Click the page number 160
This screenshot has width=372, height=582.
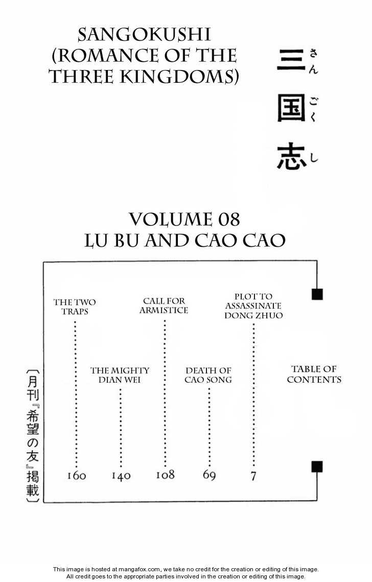coord(77,476)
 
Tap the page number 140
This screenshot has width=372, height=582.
coord(121,476)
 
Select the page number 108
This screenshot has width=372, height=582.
coord(165,475)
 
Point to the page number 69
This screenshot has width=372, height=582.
coord(209,475)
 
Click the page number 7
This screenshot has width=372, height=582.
coord(253,476)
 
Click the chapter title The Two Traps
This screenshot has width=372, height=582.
coord(75,307)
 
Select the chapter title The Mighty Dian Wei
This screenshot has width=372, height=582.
coord(120,375)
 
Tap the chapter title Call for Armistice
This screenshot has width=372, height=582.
coord(164,306)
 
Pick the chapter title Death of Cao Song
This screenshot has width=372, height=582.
coord(208,375)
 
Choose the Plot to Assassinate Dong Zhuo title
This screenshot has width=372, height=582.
coord(253,306)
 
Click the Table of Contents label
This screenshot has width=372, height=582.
coord(314,374)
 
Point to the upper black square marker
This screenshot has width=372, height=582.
coord(317,294)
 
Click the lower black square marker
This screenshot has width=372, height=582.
coord(317,467)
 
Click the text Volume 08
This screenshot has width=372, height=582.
coord(184,220)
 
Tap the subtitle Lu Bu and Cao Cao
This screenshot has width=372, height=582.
coord(184,240)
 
